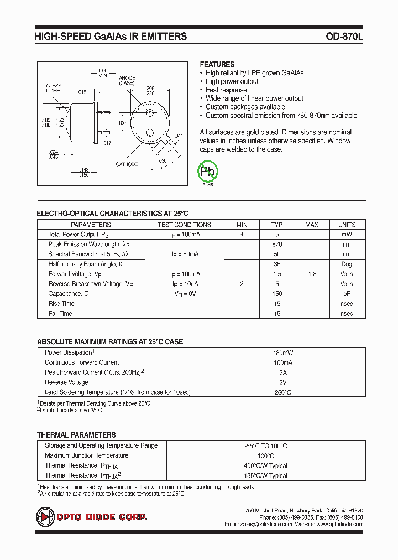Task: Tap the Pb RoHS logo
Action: [208, 172]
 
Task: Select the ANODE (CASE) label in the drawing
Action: [127, 80]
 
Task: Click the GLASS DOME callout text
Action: [54, 90]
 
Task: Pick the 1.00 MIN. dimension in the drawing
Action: [102, 73]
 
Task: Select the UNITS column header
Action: [347, 225]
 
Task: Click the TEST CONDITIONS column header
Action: [184, 225]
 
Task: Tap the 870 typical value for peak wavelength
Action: [277, 245]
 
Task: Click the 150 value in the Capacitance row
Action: [277, 294]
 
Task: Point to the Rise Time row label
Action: [61, 304]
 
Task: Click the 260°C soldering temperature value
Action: [282, 392]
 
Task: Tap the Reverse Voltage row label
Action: [66, 382]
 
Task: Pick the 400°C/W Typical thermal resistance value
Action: [266, 466]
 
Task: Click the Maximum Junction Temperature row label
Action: [86, 455]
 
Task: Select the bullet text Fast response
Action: [226, 90]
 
